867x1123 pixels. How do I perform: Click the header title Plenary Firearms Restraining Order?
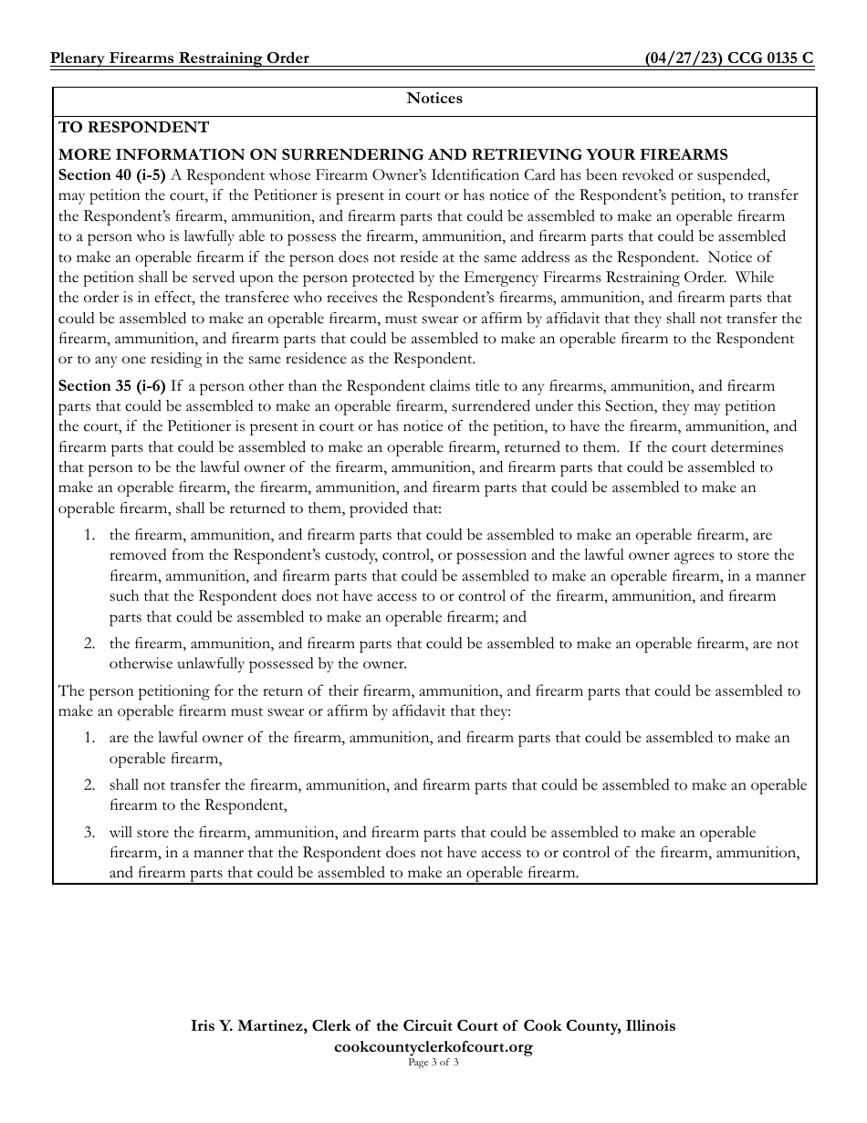tap(180, 58)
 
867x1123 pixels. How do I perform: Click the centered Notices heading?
tap(434, 99)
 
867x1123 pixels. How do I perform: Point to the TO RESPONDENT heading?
tap(134, 128)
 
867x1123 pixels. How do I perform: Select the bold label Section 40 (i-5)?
tap(112, 174)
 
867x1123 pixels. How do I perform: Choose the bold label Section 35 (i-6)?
tap(112, 387)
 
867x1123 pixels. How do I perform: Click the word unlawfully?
tap(200, 664)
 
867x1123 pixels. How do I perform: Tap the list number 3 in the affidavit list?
tap(89, 833)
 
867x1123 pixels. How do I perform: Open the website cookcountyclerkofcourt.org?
tap(433, 1047)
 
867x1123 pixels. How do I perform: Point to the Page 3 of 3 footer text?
tap(433, 1064)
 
